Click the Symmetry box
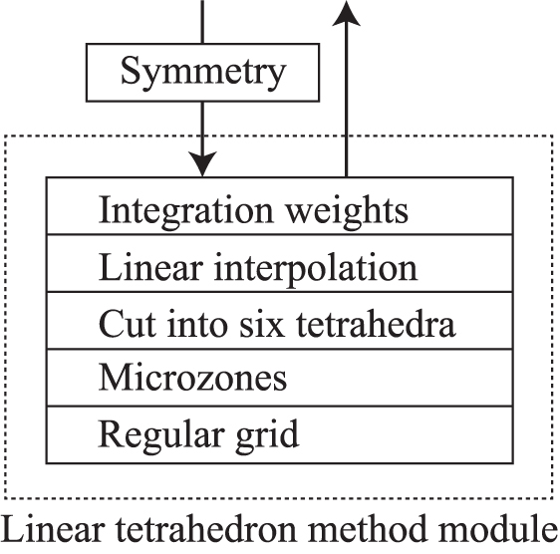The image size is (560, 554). [203, 72]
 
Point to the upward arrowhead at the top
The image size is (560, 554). [346, 12]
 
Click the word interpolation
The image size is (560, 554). [321, 268]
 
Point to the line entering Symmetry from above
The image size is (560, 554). [203, 20]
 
